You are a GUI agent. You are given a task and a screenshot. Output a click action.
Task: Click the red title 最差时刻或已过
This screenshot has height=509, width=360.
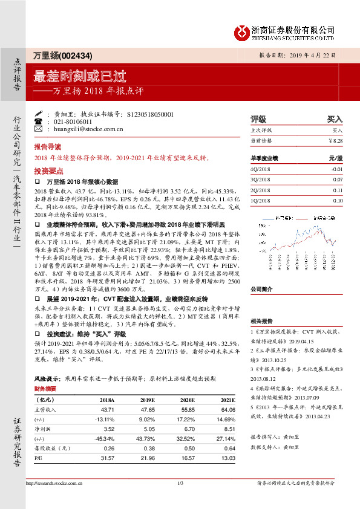coord(88,77)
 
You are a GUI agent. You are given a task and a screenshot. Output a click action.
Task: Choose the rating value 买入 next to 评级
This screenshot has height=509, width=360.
coord(335,119)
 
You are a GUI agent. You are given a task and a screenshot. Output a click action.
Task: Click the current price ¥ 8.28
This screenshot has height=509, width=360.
coord(335,140)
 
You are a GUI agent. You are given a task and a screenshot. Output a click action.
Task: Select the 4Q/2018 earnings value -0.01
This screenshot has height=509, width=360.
coord(336,169)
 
